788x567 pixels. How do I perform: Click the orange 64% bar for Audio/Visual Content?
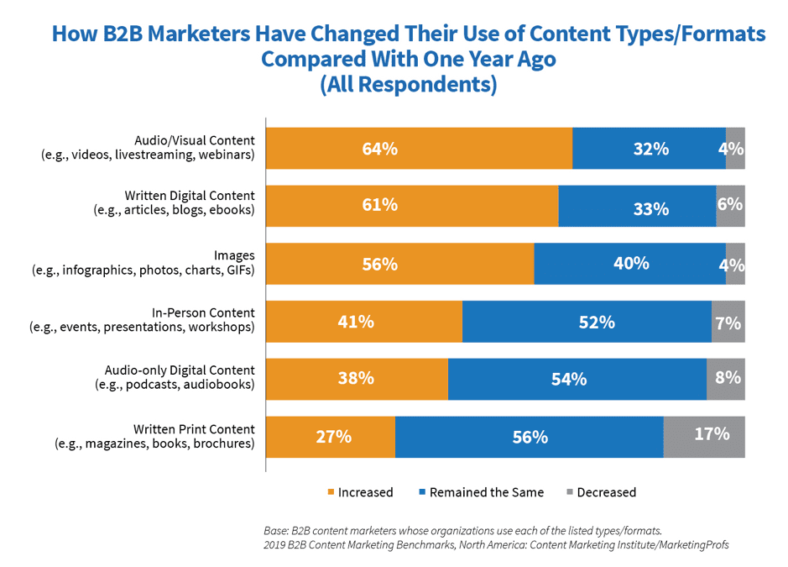click(x=419, y=149)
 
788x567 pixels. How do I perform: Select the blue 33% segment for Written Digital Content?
click(x=637, y=207)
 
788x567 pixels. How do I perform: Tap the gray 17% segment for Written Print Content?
click(x=704, y=437)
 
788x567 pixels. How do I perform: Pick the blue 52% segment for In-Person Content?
click(x=587, y=322)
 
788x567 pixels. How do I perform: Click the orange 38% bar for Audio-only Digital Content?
click(x=357, y=379)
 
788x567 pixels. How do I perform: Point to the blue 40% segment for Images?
click(x=629, y=264)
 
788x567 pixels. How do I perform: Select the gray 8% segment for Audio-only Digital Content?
click(x=725, y=379)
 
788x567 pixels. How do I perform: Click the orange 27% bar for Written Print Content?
click(x=331, y=437)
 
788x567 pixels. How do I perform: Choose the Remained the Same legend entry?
click(x=480, y=492)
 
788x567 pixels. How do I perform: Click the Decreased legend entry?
click(x=601, y=492)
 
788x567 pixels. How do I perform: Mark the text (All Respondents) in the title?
click(x=408, y=85)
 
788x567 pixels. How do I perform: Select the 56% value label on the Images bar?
click(x=379, y=264)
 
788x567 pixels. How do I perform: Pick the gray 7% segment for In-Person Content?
click(x=728, y=322)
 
